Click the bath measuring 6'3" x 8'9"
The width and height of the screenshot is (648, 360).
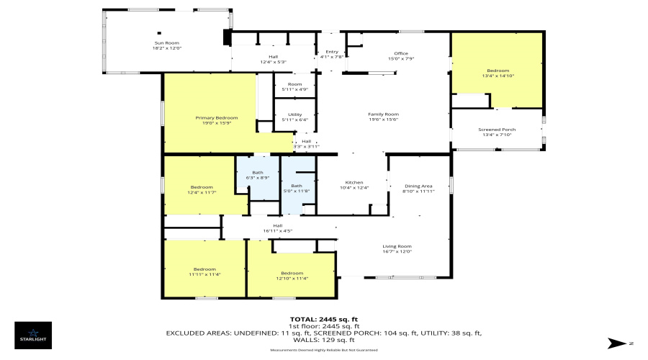pos(257,175)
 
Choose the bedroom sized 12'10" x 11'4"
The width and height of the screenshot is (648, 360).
pos(292,275)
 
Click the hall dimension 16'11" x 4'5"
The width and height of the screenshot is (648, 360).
pos(277,228)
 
